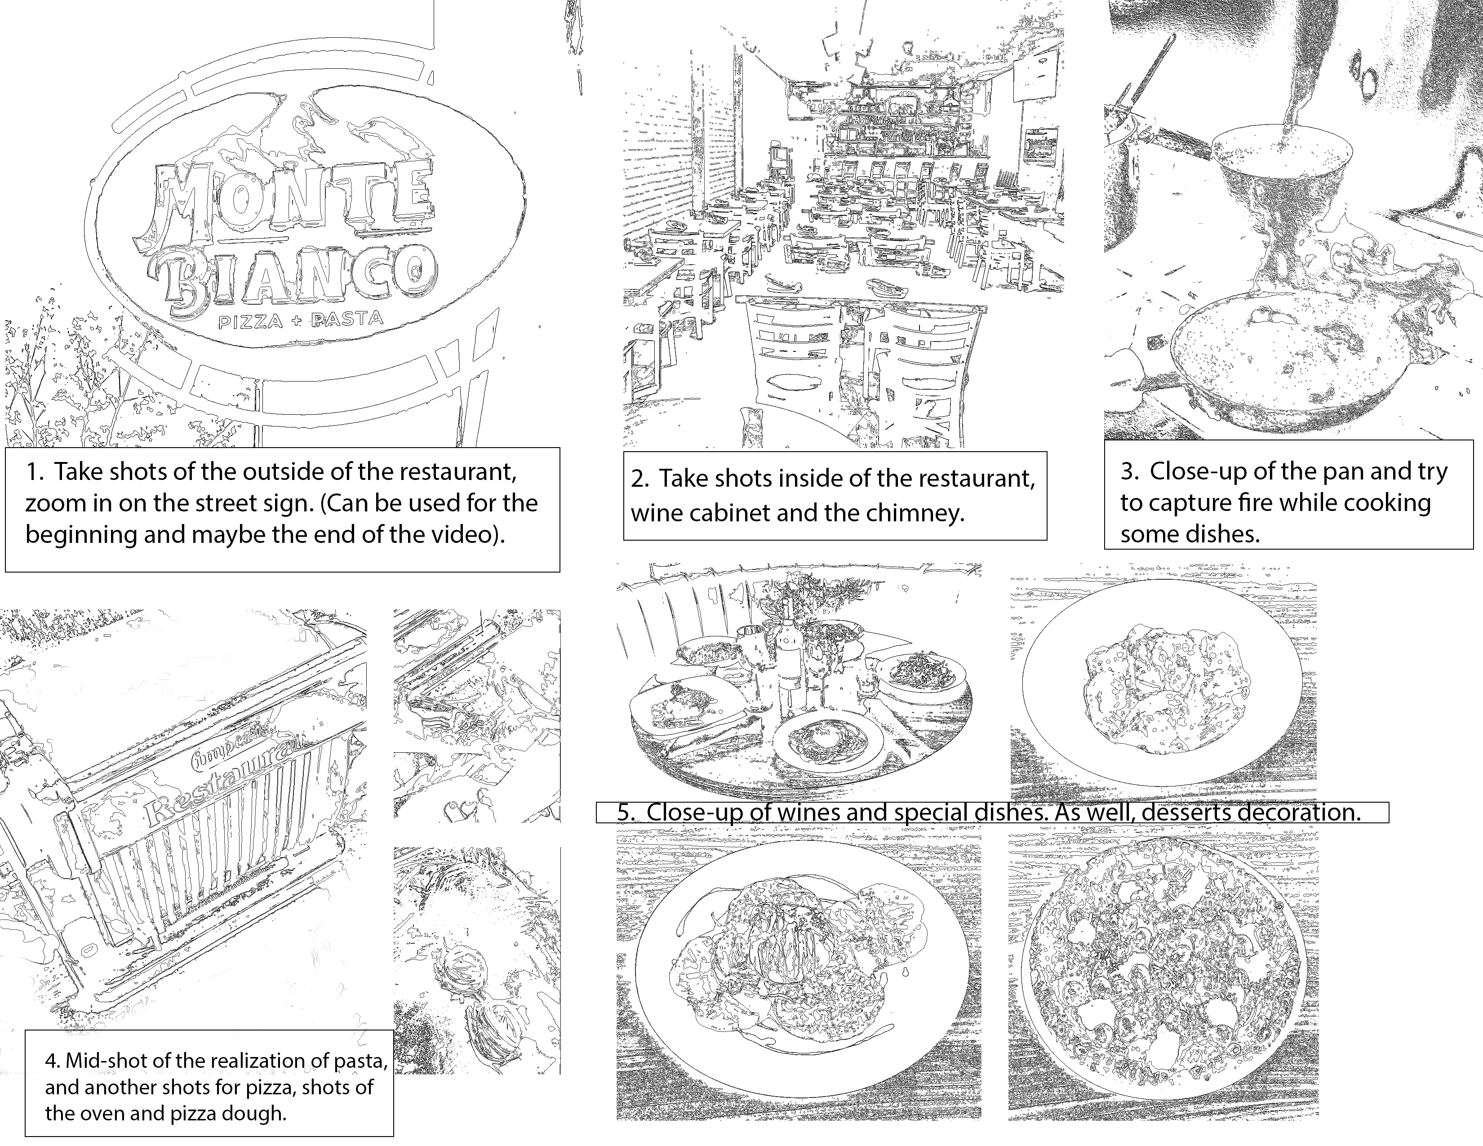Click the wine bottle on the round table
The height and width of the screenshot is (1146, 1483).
click(x=788, y=662)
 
